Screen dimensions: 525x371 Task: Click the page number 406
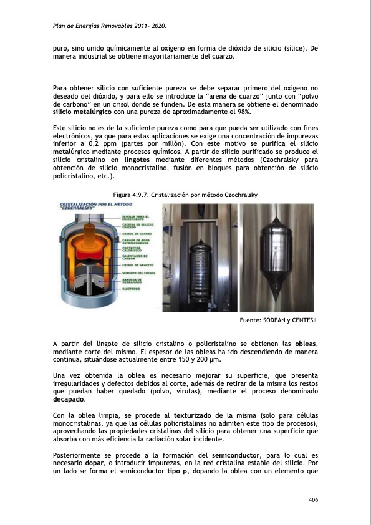[x=312, y=500]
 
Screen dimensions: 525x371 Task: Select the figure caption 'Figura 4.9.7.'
[x=131, y=195]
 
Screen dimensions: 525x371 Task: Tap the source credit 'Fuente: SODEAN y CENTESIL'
[x=279, y=320]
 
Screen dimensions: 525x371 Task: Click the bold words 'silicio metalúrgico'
[x=82, y=112]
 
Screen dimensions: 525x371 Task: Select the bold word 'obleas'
[x=306, y=344]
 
